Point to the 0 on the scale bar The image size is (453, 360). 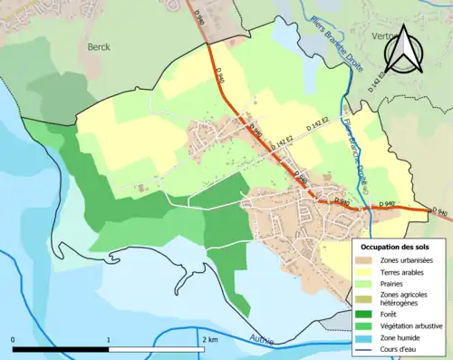[x=14, y=339]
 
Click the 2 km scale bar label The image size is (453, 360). [x=210, y=339]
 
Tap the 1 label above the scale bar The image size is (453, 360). [x=109, y=339]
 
